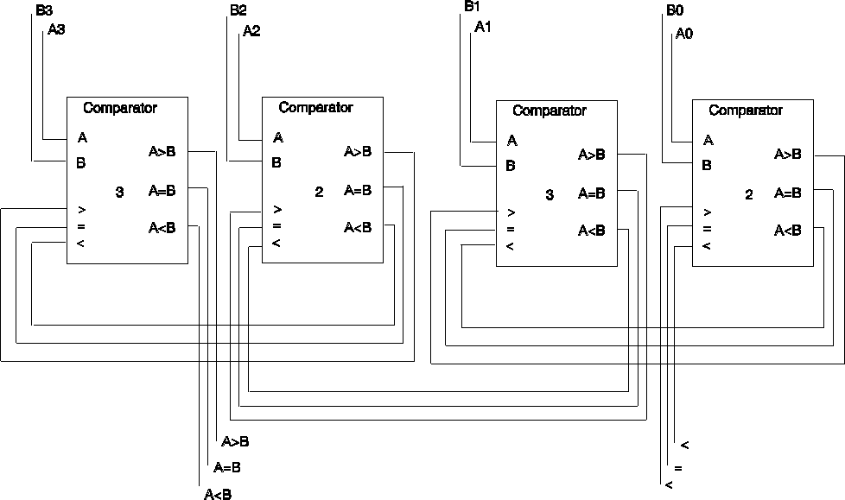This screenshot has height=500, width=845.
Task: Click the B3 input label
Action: pos(44,11)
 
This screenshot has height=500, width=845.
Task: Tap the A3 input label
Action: pos(56,29)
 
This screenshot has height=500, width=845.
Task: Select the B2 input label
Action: pos(238,11)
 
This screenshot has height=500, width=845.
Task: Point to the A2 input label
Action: pos(251,31)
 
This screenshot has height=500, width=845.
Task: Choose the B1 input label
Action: pos(472,7)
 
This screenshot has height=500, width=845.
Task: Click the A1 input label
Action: pos(483,27)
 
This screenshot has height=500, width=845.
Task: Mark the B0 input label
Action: pos(674,12)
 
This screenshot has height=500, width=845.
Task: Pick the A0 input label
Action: pos(684,35)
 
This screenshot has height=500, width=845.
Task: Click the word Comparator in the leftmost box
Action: pos(120,108)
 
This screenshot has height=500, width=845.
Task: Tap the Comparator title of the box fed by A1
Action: pos(550,111)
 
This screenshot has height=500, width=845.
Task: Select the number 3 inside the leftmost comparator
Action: pos(119,193)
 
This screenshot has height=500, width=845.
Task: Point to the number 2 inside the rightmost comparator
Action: pos(749,195)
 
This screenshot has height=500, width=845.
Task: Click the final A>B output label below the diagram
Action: pos(235,442)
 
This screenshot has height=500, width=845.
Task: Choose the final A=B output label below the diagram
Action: pos(226,468)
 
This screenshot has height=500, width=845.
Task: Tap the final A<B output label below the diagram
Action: pos(218,495)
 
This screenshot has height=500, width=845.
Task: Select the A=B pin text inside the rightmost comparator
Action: pos(789,192)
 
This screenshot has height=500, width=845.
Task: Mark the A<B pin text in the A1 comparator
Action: pos(592,231)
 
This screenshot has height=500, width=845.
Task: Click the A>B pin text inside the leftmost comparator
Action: pos(162,152)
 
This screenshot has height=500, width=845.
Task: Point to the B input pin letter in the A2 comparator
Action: pos(276,161)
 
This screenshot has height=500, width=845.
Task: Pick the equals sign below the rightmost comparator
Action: pos(678,468)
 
